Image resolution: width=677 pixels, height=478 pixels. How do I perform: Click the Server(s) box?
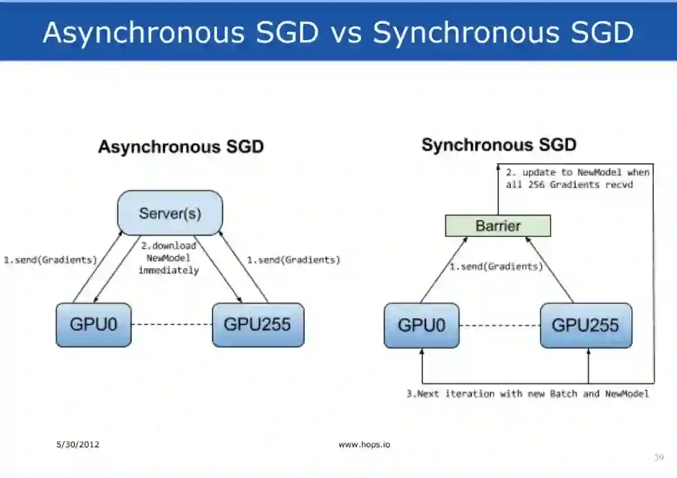[170, 213]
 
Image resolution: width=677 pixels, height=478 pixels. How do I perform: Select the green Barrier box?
[498, 226]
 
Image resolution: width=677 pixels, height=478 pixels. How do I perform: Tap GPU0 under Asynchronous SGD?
[93, 325]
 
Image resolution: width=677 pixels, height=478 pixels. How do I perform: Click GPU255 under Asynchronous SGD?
[258, 325]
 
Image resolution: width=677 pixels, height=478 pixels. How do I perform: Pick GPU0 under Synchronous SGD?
[421, 325]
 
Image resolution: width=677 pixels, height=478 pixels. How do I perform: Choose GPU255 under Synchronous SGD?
[585, 325]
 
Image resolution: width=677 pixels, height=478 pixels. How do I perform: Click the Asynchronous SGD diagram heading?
[181, 147]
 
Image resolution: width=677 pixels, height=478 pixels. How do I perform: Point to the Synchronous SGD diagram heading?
[498, 145]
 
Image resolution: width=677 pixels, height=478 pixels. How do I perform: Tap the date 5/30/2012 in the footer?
[78, 445]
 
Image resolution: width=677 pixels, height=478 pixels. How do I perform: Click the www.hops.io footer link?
[364, 445]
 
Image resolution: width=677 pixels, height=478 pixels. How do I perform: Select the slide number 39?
[658, 458]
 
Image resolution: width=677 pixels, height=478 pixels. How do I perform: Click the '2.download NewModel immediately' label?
[168, 258]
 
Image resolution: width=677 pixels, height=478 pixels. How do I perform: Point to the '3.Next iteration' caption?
[527, 394]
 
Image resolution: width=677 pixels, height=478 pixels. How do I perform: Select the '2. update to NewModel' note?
[577, 178]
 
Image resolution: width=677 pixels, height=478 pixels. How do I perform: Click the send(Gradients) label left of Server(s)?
[50, 260]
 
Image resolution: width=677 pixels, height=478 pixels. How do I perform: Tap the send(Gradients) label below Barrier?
[496, 267]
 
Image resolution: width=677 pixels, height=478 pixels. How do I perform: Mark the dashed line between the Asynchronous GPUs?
[172, 325]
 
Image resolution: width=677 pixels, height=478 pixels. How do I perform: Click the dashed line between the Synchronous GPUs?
[500, 325]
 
